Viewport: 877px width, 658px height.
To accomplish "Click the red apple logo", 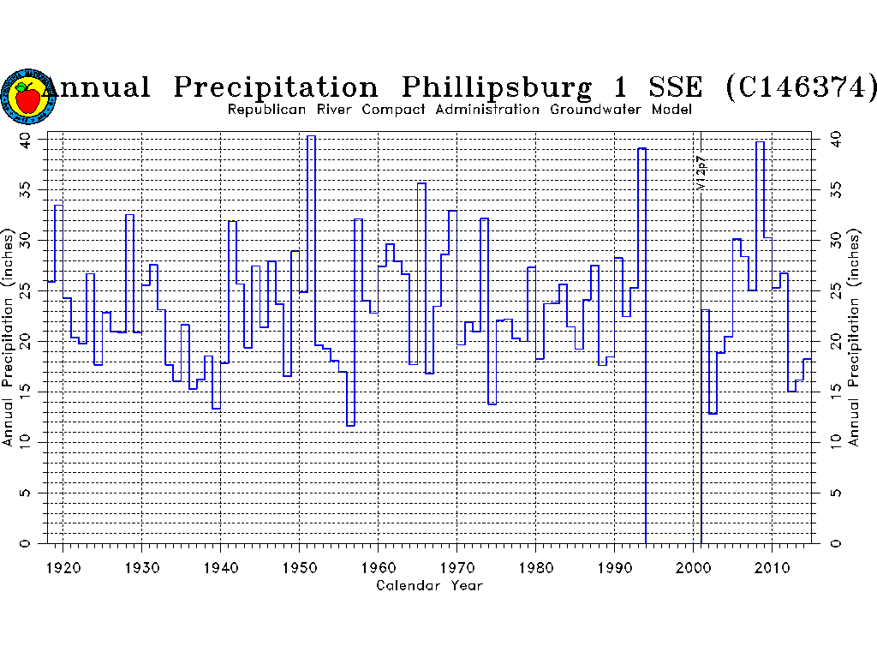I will pos(27,97).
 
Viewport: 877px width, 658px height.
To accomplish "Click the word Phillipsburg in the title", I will pos(496,87).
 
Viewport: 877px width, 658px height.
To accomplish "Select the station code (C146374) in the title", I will pos(801,87).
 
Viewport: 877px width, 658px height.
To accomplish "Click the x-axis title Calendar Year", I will pos(430,586).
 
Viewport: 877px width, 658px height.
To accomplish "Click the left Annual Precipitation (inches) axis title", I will pos(8,338).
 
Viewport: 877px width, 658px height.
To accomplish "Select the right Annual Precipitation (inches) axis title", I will pos(853,338).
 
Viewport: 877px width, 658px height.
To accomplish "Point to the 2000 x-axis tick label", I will pos(694,566).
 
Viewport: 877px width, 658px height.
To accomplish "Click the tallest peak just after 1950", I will pos(311,136).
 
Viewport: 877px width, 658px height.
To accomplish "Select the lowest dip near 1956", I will pos(350,425).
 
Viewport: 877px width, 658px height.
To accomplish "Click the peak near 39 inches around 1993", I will pos(641,148).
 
